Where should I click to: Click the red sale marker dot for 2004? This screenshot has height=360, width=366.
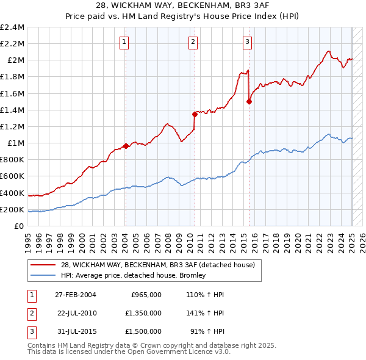click(x=126, y=146)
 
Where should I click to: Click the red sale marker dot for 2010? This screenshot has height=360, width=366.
click(x=195, y=113)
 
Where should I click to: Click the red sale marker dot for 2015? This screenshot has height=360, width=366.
click(x=249, y=101)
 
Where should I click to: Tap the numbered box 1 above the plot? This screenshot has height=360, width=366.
click(x=124, y=42)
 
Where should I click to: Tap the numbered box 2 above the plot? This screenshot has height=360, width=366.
click(x=193, y=42)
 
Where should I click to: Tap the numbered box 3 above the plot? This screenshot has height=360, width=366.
click(x=247, y=42)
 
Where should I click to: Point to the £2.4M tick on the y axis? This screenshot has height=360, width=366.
click(x=12, y=27)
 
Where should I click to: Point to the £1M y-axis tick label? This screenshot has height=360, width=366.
click(x=15, y=143)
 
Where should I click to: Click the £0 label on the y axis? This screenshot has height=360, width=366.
click(x=20, y=226)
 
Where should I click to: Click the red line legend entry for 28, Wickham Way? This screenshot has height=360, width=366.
click(x=162, y=264)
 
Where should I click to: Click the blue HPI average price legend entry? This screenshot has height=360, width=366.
click(x=133, y=275)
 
